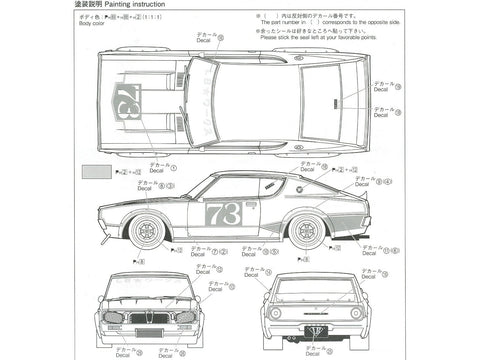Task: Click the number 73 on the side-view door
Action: click(223, 213)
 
